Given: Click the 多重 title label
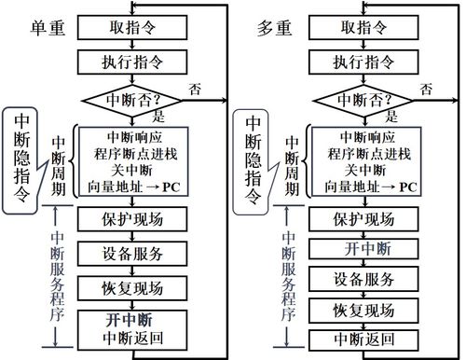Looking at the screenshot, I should (x=272, y=29).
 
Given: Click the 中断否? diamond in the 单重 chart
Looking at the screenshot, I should (x=135, y=98).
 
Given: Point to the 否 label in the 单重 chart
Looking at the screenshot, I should (x=196, y=90).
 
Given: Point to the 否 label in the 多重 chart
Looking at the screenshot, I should (x=426, y=90).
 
